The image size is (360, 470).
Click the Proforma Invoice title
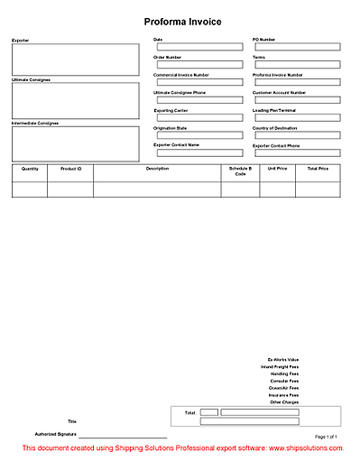coord(182,22)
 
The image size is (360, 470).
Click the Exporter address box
coord(76,60)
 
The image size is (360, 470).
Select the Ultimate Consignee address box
coord(76,101)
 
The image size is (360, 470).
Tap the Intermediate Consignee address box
coord(76,143)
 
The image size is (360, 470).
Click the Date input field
coord(198,48)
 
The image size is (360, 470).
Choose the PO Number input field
coord(298,48)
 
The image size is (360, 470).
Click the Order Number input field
coord(198,65)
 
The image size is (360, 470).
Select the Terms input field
coord(298,65)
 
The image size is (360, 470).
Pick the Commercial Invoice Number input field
coord(198,82)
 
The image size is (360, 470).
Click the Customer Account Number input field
coord(298,99)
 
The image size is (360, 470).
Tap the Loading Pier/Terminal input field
coord(298,117)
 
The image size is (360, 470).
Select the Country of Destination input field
coord(298,135)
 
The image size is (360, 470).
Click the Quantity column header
coord(30,169)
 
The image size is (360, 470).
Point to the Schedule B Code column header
coord(240,171)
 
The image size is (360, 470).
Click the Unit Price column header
coord(278,169)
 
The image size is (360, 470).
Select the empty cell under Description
coord(157,189)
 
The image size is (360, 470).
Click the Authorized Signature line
coord(122,437)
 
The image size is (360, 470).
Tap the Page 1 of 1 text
coord(326,436)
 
